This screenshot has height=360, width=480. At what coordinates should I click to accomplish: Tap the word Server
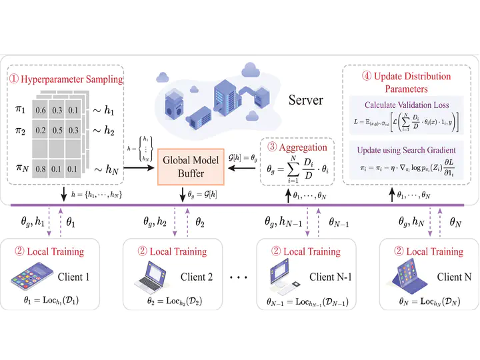(x=306, y=101)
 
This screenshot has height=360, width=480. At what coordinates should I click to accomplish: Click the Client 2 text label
(x=197, y=277)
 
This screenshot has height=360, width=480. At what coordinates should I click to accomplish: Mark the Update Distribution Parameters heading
(x=407, y=82)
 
